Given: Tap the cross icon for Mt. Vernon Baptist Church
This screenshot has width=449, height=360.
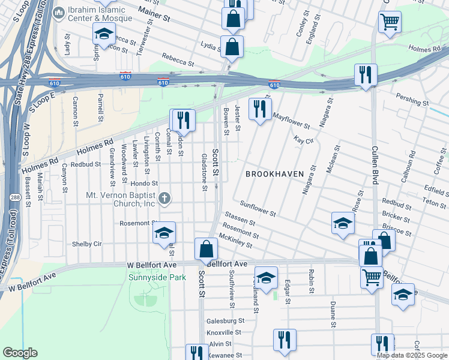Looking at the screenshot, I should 166,197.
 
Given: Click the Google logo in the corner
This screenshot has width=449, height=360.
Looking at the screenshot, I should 20,353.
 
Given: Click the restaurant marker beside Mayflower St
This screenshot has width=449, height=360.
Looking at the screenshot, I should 259,110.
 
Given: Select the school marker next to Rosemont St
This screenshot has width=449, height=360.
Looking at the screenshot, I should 164,234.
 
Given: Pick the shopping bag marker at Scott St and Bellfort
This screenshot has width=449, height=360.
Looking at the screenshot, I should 206,250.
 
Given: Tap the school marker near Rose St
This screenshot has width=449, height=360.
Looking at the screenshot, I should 343,224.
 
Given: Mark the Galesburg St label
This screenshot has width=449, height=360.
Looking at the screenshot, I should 223,321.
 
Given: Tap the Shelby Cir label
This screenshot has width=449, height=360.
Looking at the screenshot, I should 86,244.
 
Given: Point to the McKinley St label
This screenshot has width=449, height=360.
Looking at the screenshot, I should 236,242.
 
